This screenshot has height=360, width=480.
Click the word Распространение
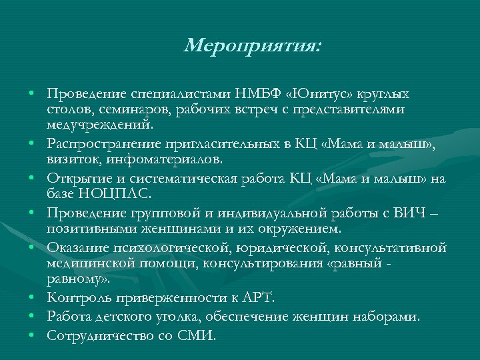[99, 145]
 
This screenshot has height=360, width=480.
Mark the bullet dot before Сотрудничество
[32, 333]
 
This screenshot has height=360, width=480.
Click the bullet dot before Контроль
[32, 297]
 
